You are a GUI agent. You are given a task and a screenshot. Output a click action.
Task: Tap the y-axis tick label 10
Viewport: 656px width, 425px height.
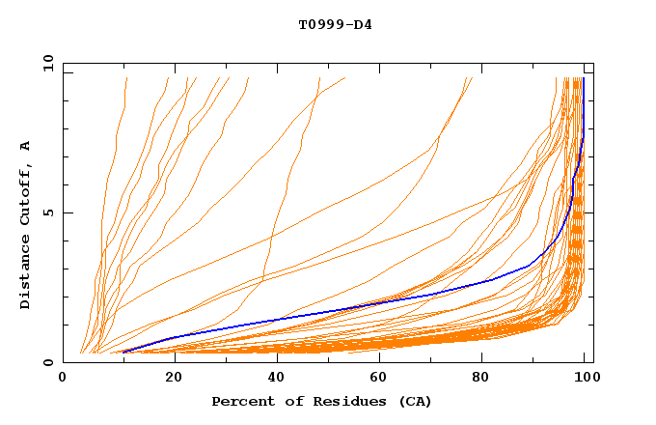[x=47, y=62]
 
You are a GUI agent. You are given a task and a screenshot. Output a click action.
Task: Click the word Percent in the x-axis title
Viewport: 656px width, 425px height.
[x=241, y=401]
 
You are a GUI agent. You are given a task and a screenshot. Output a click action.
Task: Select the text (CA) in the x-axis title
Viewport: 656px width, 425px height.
[x=413, y=401]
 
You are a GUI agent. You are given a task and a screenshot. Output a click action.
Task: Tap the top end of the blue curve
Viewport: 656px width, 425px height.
[x=583, y=78]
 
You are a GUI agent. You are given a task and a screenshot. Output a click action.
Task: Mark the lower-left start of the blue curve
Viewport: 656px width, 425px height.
[x=123, y=352]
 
